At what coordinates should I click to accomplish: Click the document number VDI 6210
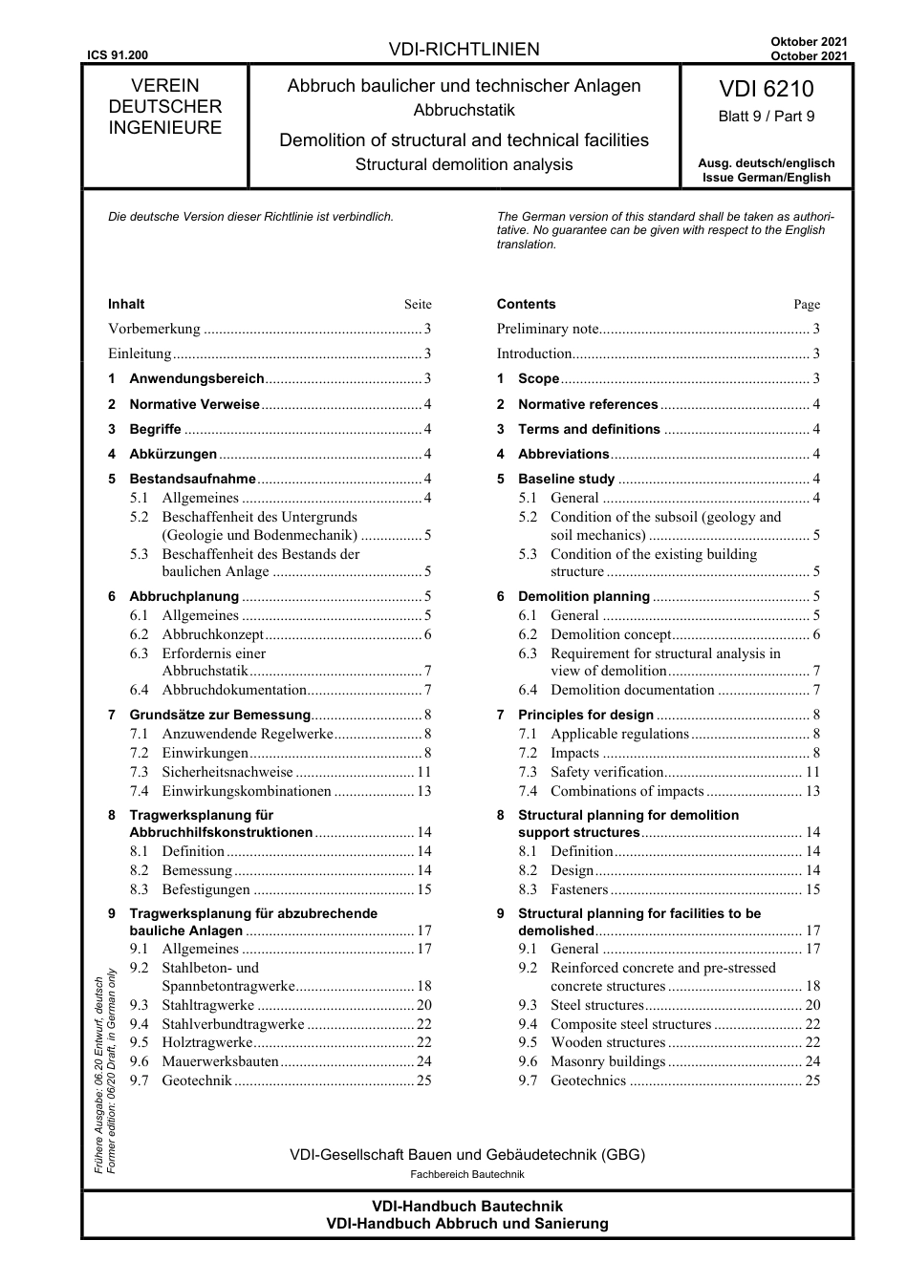tap(767, 89)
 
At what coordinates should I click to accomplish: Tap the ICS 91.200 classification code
tap(117, 56)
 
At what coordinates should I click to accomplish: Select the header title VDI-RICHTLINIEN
tap(465, 50)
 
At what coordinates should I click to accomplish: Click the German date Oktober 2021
tap(809, 42)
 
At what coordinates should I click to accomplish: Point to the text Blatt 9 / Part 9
tap(767, 117)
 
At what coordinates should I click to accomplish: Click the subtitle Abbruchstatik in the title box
tap(465, 110)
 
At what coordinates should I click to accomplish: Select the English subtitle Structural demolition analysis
tap(465, 164)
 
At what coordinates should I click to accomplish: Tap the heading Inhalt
tap(126, 304)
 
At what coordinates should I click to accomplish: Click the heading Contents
tap(526, 304)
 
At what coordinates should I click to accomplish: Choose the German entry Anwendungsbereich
tap(197, 378)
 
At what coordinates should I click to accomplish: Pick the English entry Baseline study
tap(566, 479)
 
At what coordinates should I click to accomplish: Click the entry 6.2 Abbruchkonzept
tap(212, 634)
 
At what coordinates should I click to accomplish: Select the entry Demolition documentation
tap(632, 690)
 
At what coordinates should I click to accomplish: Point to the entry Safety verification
tap(607, 772)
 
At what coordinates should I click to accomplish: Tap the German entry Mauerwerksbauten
tap(220, 1061)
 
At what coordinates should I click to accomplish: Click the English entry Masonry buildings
tap(607, 1061)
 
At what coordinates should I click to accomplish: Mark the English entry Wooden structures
tap(607, 1042)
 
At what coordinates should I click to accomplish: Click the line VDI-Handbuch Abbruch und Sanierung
tap(466, 1224)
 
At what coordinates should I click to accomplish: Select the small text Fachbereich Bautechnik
tap(466, 1174)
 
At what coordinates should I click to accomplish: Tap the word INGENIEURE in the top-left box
tap(164, 128)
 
